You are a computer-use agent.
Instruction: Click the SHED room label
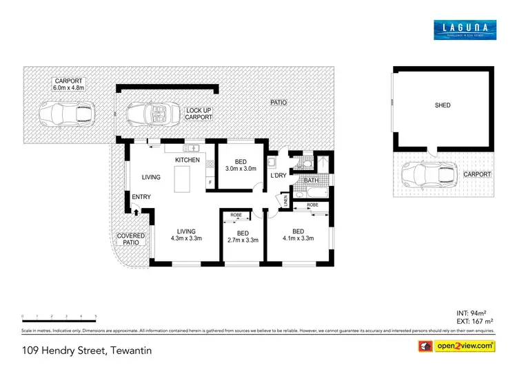[442, 105]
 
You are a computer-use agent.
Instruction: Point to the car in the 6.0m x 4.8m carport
[65, 112]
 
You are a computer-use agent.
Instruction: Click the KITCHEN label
[187, 160]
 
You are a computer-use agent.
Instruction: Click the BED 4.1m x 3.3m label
[298, 235]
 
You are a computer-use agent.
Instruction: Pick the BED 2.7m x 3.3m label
[242, 237]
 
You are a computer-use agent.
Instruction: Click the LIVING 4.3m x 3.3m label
[185, 236]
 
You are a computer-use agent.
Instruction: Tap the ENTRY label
[141, 198]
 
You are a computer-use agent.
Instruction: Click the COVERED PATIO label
[131, 239]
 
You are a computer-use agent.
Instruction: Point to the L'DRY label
[278, 176]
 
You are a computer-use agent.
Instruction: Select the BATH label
[311, 180]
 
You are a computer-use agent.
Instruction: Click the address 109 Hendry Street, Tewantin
[86, 350]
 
